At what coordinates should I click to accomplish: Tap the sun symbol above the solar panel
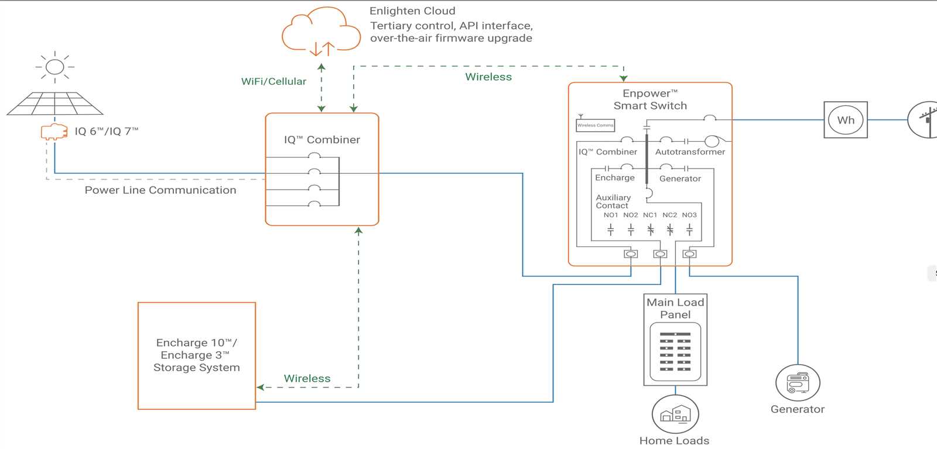pyautogui.click(x=54, y=66)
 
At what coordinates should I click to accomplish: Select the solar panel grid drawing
pyautogui.click(x=54, y=104)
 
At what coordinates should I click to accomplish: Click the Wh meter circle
pyautogui.click(x=846, y=120)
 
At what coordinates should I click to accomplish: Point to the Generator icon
pyautogui.click(x=798, y=383)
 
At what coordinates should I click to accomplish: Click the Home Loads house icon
pyautogui.click(x=675, y=414)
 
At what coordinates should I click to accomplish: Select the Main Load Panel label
pyautogui.click(x=675, y=309)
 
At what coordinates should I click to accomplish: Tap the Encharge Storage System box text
pyautogui.click(x=197, y=355)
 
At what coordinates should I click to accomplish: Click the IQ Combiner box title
pyautogui.click(x=322, y=140)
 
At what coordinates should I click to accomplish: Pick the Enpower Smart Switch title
pyautogui.click(x=650, y=100)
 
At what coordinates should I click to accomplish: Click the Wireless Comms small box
pyautogui.click(x=595, y=125)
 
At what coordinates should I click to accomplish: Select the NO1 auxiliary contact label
pyautogui.click(x=611, y=215)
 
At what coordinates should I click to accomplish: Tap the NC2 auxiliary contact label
pyautogui.click(x=669, y=215)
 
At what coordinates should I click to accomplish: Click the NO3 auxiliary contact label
pyautogui.click(x=689, y=215)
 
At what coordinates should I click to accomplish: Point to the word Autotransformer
pyautogui.click(x=690, y=152)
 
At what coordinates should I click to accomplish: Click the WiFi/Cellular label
pyautogui.click(x=273, y=81)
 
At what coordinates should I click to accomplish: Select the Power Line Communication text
pyautogui.click(x=160, y=190)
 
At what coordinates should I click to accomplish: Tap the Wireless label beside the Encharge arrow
pyautogui.click(x=307, y=379)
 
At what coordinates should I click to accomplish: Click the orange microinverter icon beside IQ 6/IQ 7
pyautogui.click(x=54, y=132)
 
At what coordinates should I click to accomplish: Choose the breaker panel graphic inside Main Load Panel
pyautogui.click(x=675, y=352)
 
